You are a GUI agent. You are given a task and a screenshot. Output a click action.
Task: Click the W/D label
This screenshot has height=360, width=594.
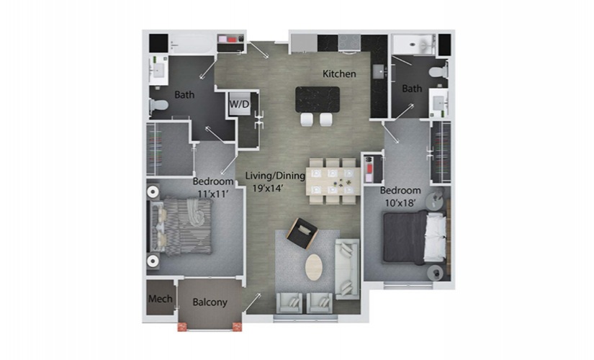pos(240,104)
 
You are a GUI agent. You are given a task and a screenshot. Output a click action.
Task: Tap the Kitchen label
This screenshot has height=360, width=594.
pos(339,74)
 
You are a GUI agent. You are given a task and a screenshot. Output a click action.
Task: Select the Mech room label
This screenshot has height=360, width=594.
pos(161,299)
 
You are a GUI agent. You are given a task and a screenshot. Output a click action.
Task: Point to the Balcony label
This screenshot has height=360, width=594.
pos(210,302)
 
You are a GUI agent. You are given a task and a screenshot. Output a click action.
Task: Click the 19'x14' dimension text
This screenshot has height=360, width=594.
pos(269,189)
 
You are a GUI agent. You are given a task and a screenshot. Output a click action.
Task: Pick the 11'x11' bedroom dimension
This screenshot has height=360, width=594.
pos(213,194)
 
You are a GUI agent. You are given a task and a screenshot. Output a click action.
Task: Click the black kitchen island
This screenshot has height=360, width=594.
pos(318,99)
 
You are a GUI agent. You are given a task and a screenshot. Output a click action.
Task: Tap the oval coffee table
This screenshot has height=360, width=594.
pos(314,267)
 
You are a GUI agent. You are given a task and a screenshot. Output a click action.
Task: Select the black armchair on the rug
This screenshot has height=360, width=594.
pos(302,233)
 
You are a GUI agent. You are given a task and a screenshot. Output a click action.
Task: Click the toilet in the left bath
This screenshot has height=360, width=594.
pos(159,105)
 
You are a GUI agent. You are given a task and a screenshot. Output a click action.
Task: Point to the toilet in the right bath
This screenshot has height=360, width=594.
pos(438,71)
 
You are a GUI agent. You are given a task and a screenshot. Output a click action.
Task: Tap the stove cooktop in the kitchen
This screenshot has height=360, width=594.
pos(349,42)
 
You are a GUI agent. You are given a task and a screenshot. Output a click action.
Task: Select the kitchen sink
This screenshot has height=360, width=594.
pos(378,71)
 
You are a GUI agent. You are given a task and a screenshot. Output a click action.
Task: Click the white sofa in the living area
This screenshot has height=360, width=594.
pos(347,269)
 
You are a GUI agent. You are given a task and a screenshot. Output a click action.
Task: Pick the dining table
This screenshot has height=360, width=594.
pos(333,181)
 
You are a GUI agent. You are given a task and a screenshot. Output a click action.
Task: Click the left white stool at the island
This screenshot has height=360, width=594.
pos(307,120)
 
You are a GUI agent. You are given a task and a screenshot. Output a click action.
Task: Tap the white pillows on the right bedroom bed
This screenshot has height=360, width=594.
pos(434,237)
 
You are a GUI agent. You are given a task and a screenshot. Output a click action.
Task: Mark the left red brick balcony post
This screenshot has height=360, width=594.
pos(182,327)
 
